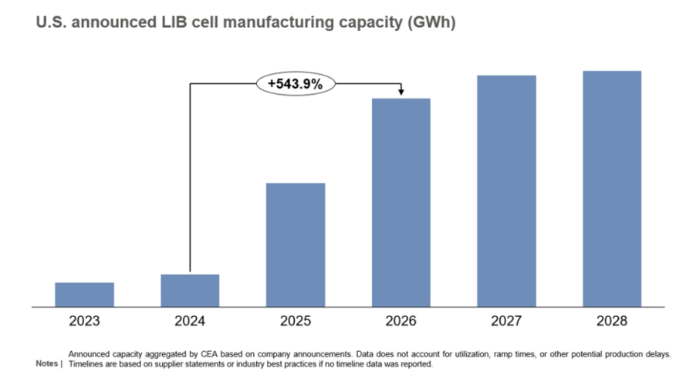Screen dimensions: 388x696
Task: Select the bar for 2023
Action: pyautogui.click(x=84, y=295)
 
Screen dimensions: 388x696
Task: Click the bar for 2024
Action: pyautogui.click(x=190, y=291)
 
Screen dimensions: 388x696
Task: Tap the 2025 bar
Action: pyautogui.click(x=296, y=245)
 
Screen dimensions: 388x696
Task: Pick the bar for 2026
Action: pyautogui.click(x=401, y=203)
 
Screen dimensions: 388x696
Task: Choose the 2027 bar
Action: pyautogui.click(x=506, y=191)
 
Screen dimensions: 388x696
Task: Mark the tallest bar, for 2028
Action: pyautogui.click(x=612, y=189)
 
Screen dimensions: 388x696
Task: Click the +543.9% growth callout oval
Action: pyautogui.click(x=296, y=83)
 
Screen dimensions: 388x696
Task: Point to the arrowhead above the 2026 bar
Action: pyautogui.click(x=401, y=93)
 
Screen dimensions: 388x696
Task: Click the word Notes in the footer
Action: pyautogui.click(x=47, y=363)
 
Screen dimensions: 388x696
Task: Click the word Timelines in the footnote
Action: pyautogui.click(x=87, y=363)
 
